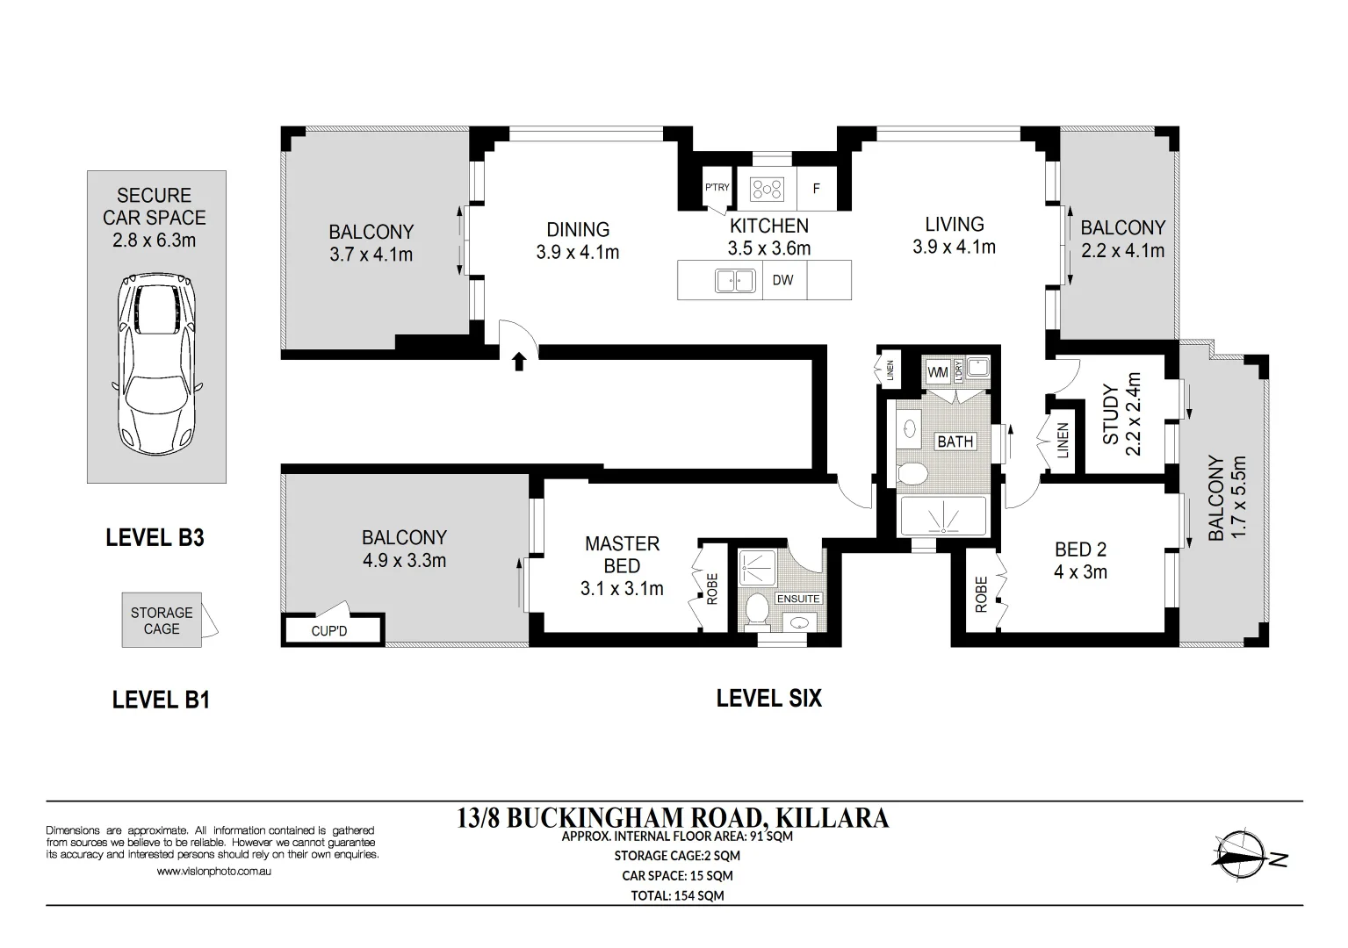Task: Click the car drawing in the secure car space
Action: [156, 365]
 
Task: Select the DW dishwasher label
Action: [782, 280]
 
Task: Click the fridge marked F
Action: [817, 188]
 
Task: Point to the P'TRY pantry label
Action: [717, 187]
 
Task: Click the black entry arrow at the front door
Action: [519, 362]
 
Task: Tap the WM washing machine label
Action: [938, 373]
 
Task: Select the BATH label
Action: [955, 442]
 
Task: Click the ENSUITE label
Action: [798, 599]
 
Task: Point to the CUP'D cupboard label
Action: [329, 631]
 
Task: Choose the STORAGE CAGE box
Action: [162, 621]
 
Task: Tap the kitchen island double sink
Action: [735, 281]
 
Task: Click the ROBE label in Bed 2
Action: [981, 595]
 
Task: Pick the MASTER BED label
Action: [623, 555]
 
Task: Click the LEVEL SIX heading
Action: [768, 699]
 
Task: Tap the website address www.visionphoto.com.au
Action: [213, 871]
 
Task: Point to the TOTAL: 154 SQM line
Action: [677, 895]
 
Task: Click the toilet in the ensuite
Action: [756, 610]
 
